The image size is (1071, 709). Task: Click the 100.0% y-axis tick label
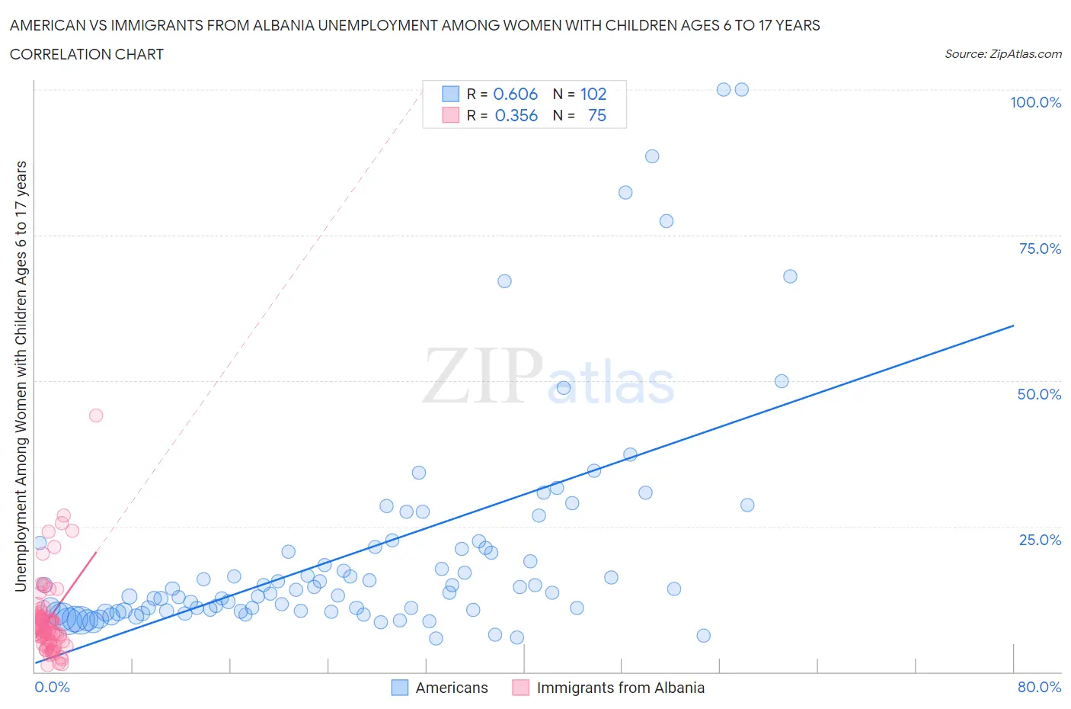(x=1035, y=102)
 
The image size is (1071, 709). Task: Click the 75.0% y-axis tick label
(x=1040, y=249)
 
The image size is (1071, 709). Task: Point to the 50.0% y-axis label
(x=1039, y=394)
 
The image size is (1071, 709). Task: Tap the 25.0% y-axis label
(x=1040, y=540)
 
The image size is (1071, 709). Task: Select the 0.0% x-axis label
(x=52, y=687)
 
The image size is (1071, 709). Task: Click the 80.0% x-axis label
(x=1039, y=687)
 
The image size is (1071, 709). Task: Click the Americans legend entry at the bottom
(x=440, y=688)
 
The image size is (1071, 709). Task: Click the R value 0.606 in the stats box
(x=516, y=94)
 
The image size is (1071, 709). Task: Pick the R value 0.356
(x=516, y=115)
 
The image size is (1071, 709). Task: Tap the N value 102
(x=593, y=94)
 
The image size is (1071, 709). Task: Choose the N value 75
(x=597, y=115)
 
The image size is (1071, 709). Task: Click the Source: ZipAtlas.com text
(x=1002, y=53)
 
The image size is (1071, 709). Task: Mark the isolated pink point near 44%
(x=96, y=415)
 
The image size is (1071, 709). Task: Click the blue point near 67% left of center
(x=504, y=281)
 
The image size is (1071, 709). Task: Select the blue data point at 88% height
(x=652, y=156)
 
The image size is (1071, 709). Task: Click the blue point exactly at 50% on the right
(x=782, y=381)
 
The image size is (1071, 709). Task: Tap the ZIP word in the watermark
(x=483, y=375)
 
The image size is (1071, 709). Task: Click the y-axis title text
(x=21, y=376)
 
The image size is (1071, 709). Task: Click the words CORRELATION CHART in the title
(x=87, y=54)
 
